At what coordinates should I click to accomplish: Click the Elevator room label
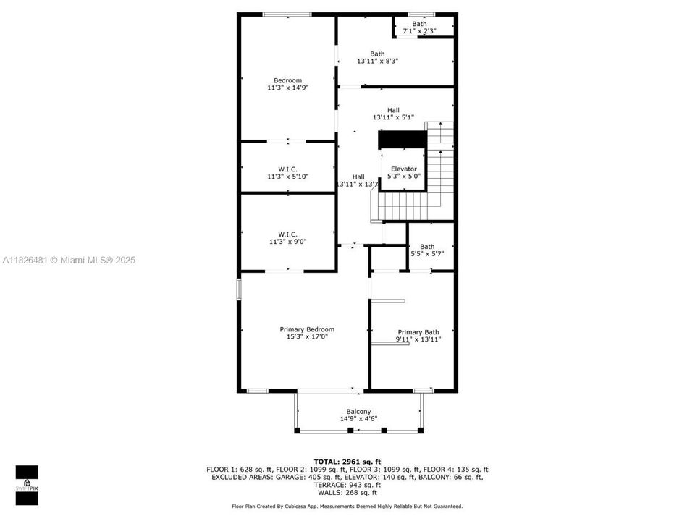pyautogui.click(x=403, y=169)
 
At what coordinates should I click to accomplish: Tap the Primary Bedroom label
pyautogui.click(x=307, y=329)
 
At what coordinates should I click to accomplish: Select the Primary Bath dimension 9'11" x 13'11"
pyautogui.click(x=418, y=339)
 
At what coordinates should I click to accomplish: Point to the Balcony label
pyautogui.click(x=358, y=412)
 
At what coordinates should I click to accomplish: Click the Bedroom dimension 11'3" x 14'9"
pyautogui.click(x=287, y=88)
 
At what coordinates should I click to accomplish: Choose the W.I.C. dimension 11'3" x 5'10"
pyautogui.click(x=287, y=176)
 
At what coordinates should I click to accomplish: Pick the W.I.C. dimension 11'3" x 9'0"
pyautogui.click(x=287, y=241)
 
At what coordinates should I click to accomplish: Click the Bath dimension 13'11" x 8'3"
pyautogui.click(x=377, y=61)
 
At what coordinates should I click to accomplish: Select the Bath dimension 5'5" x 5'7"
pyautogui.click(x=427, y=253)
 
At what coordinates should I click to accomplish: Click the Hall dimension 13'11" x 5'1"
pyautogui.click(x=393, y=117)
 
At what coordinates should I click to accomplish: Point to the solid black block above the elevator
pyautogui.click(x=403, y=139)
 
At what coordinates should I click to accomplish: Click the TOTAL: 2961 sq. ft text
pyautogui.click(x=347, y=461)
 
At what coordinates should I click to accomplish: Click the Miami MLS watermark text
pyautogui.click(x=69, y=260)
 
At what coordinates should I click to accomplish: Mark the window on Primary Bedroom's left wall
pyautogui.click(x=240, y=289)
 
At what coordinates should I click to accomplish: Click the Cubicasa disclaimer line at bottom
pyautogui.click(x=347, y=507)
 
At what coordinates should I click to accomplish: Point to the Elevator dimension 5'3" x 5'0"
pyautogui.click(x=403, y=176)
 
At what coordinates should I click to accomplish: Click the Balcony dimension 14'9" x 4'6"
pyautogui.click(x=358, y=419)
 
